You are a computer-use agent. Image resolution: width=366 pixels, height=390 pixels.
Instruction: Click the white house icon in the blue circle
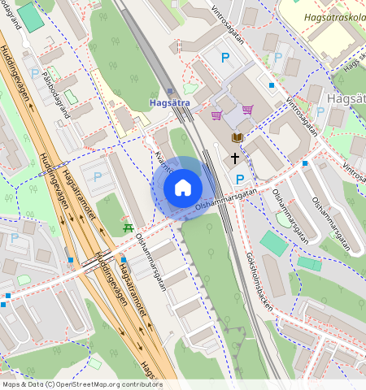click(x=183, y=188)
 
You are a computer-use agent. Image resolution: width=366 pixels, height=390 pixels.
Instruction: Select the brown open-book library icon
click(x=237, y=139)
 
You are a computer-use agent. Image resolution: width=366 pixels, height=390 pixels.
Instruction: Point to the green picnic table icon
click(x=127, y=227)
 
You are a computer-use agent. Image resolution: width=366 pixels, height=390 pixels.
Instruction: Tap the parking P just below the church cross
click(x=239, y=179)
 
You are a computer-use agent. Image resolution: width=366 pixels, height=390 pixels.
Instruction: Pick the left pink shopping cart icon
click(x=216, y=115)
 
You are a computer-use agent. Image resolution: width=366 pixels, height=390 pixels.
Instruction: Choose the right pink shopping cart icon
click(x=246, y=110)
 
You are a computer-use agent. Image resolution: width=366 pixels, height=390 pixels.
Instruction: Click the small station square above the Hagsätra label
click(x=171, y=92)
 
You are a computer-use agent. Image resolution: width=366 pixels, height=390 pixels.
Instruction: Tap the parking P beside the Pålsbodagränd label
click(x=35, y=73)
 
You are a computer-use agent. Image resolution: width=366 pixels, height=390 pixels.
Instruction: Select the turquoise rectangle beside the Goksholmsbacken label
click(x=273, y=243)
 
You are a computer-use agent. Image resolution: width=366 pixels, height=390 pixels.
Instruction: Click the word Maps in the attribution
click(x=11, y=384)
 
